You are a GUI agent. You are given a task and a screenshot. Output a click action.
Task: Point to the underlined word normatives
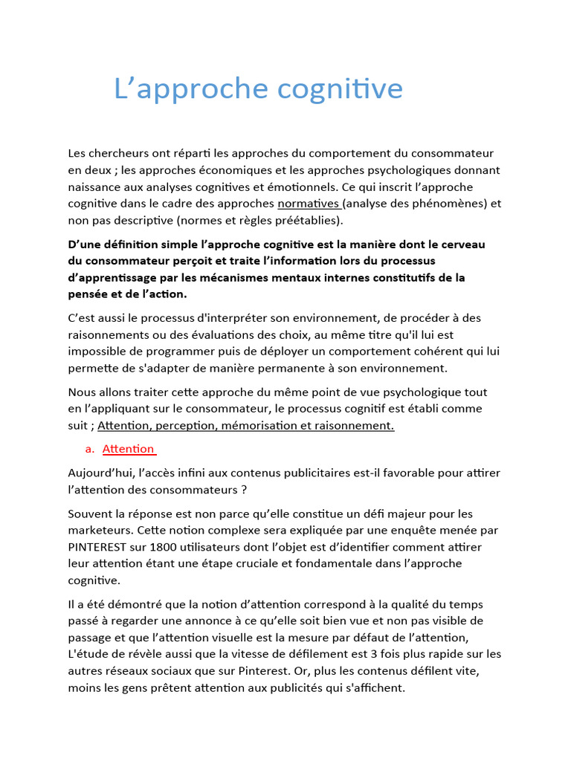[x=309, y=204]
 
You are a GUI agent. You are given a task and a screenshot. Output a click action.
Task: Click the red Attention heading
[x=129, y=449]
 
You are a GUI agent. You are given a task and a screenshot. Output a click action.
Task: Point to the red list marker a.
[x=90, y=449]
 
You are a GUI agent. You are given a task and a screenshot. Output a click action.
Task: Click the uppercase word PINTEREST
[x=103, y=547]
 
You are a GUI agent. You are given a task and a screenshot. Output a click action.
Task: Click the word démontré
[x=138, y=605]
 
